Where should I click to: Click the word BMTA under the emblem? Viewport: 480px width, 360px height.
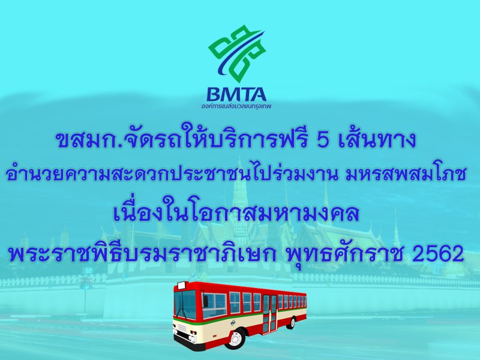point(236,95)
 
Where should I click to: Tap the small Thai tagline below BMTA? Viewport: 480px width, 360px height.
point(236,106)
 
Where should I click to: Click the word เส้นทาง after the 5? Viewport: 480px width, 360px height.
point(378,139)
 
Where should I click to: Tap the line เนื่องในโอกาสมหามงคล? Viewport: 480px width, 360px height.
point(236,213)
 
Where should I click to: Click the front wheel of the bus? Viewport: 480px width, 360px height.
point(235,339)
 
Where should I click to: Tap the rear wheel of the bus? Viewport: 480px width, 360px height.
point(292,323)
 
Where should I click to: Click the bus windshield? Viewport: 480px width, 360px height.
point(185,304)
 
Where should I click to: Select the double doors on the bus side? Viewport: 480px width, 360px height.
point(269,313)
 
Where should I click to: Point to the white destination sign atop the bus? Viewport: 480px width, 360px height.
point(181,286)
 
